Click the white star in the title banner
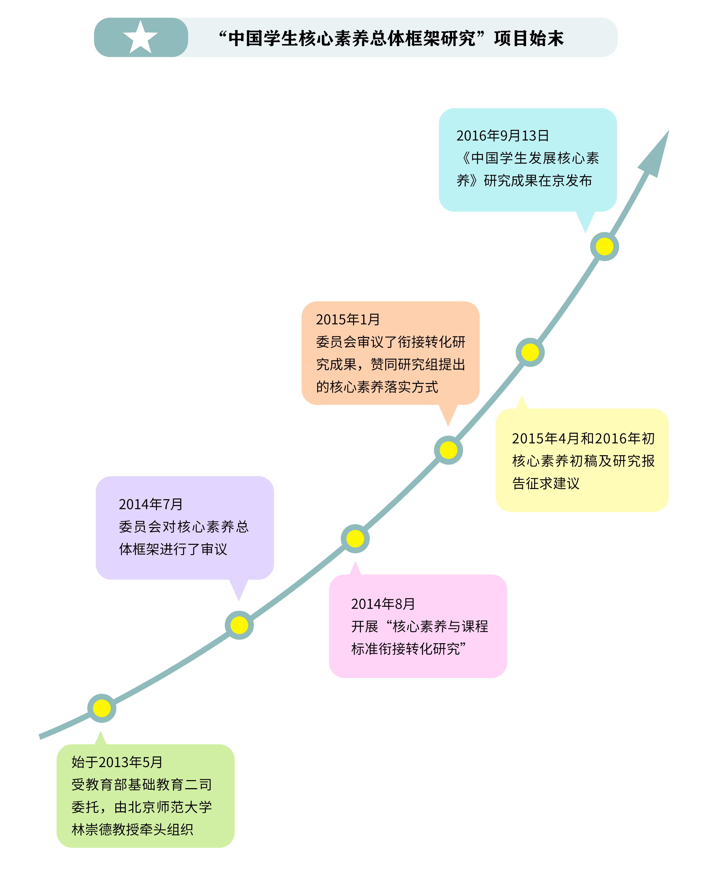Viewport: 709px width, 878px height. (x=140, y=38)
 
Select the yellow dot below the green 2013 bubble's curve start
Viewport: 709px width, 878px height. (x=102, y=708)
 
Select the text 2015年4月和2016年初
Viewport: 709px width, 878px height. (x=583, y=438)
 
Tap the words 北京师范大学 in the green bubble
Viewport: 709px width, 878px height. (x=163, y=807)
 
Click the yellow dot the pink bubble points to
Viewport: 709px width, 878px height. (x=355, y=538)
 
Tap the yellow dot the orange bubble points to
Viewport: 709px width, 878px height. (x=448, y=450)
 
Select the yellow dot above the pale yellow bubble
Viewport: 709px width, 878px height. (x=530, y=352)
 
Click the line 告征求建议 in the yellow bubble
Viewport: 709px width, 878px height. (x=546, y=483)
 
